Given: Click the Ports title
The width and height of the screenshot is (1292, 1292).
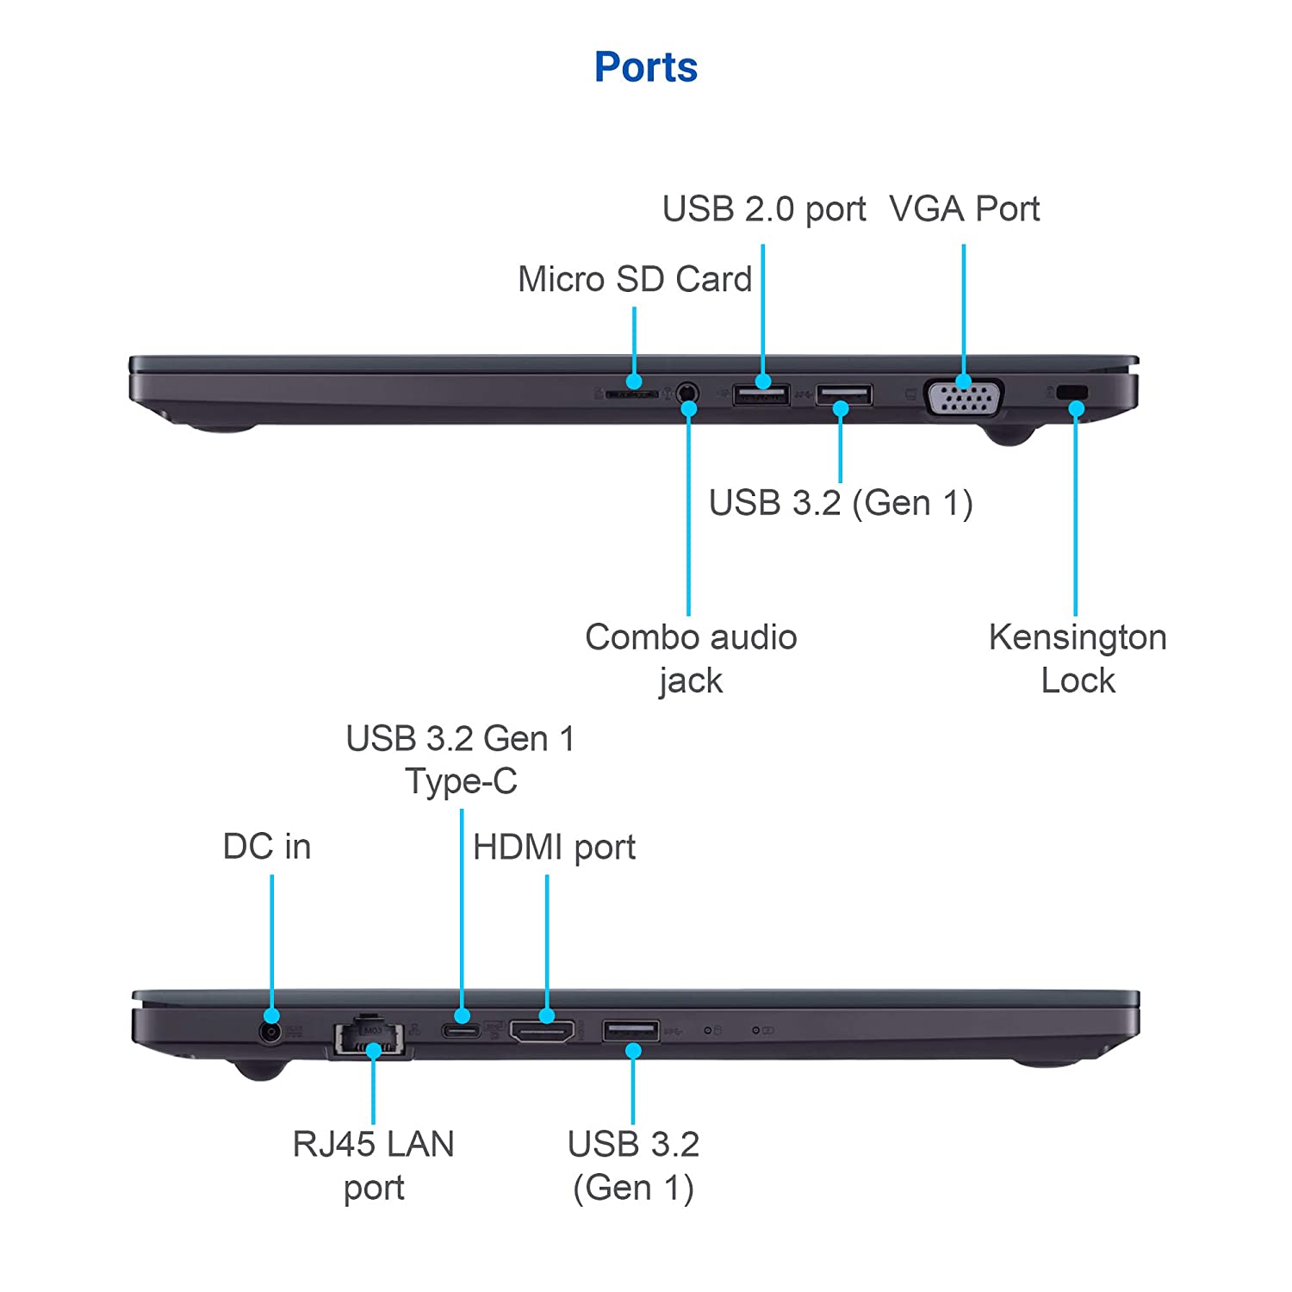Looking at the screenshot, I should (646, 67).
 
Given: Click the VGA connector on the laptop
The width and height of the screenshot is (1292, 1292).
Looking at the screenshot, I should (963, 399).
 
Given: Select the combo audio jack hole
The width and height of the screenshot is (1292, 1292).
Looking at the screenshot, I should (686, 394).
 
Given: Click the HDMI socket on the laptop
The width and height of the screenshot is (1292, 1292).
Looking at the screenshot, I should (542, 1031).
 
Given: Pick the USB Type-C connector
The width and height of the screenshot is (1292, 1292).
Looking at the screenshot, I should (461, 1030).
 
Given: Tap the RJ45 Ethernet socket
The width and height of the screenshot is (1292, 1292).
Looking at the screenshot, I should (370, 1037).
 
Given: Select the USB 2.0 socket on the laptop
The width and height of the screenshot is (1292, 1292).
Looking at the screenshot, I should (761, 395).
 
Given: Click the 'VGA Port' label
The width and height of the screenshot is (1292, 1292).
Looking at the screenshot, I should (964, 209).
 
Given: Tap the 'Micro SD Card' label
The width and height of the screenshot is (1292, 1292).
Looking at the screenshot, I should (635, 279).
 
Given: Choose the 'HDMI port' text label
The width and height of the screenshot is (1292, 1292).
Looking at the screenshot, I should (554, 848).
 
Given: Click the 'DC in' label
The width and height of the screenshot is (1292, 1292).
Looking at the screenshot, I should (266, 847).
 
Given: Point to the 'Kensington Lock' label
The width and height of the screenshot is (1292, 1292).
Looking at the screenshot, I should (1078, 659).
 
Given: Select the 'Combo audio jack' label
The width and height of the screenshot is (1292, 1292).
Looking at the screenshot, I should (691, 659).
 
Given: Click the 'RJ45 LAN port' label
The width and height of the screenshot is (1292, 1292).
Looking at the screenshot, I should (373, 1165).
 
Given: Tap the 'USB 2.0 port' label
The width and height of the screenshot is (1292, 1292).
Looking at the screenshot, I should (764, 209).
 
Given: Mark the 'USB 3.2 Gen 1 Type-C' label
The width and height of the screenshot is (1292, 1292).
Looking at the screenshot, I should (461, 760).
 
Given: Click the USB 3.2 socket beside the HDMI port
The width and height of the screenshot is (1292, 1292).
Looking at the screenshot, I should (631, 1030).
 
